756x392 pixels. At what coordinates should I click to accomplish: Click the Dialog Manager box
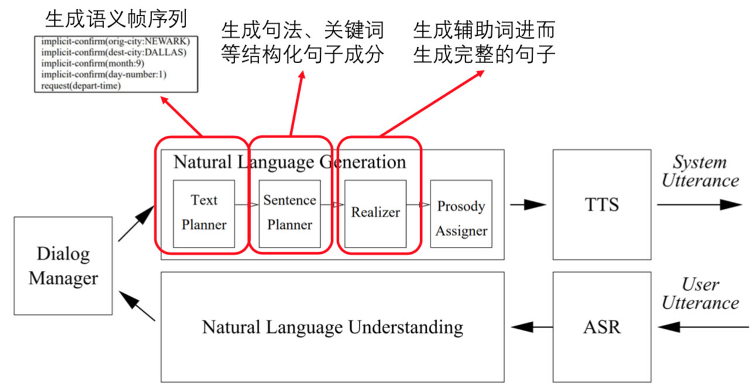[x=63, y=266]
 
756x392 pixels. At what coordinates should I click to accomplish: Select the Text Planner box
[x=204, y=213]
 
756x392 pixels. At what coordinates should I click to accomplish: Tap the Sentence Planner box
[x=290, y=213]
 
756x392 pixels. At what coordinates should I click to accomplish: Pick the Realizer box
[x=375, y=213]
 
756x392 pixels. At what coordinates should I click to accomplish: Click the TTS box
[x=602, y=204]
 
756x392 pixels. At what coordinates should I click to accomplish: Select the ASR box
[x=602, y=326]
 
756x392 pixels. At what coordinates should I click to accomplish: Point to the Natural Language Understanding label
[x=332, y=326]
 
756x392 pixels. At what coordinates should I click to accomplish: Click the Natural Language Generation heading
[x=290, y=162]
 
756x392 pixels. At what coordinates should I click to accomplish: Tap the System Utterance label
[x=700, y=171]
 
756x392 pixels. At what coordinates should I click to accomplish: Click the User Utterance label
[x=700, y=294]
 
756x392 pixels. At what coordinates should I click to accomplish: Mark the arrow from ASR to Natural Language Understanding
[x=532, y=326]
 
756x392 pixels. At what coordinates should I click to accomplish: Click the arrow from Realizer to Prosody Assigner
[x=418, y=205]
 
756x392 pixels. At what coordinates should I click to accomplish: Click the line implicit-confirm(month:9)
[x=93, y=64]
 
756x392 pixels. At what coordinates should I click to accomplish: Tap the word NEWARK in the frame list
[x=170, y=42]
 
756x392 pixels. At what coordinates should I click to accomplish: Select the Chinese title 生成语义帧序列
[x=116, y=19]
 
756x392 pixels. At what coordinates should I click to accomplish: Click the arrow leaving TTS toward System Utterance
[x=699, y=205]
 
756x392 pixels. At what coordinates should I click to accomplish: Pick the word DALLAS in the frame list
[x=165, y=53]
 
